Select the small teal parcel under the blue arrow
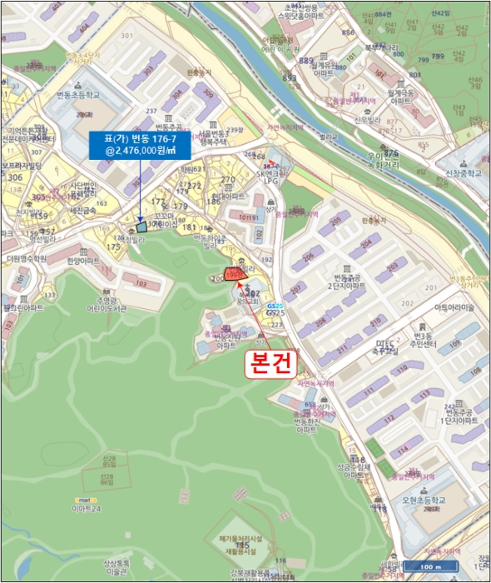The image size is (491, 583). (141, 226)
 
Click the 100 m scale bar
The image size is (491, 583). (429, 568)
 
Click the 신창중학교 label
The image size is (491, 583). (462, 174)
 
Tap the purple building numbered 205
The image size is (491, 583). (335, 221)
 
